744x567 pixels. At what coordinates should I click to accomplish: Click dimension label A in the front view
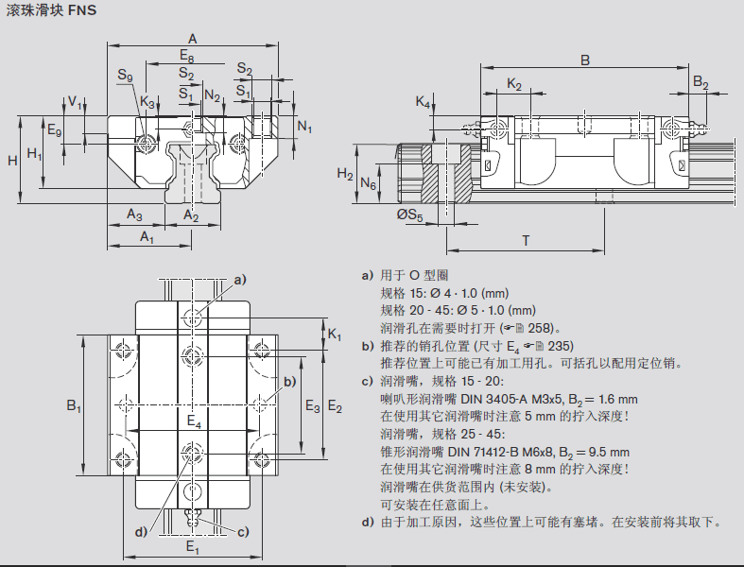pyautogui.click(x=192, y=38)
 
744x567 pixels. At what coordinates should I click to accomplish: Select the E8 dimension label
pyautogui.click(x=188, y=56)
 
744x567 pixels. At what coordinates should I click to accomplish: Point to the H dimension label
pyautogui.click(x=13, y=161)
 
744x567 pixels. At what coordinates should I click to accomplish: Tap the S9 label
pyautogui.click(x=125, y=76)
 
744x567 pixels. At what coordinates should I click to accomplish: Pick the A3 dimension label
pyautogui.click(x=135, y=215)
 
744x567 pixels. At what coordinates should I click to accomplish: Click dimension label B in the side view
pyautogui.click(x=585, y=60)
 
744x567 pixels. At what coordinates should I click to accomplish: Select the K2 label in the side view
pyautogui.click(x=514, y=84)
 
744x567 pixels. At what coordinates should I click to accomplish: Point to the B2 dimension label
pyautogui.click(x=701, y=83)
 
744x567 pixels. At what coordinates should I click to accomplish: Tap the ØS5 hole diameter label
pyautogui.click(x=409, y=216)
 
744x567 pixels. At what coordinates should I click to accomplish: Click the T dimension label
pyautogui.click(x=526, y=241)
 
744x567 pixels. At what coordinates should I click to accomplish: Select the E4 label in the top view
pyautogui.click(x=194, y=421)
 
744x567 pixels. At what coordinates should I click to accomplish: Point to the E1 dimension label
pyautogui.click(x=192, y=547)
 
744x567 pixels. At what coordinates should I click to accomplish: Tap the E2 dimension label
pyautogui.click(x=335, y=406)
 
